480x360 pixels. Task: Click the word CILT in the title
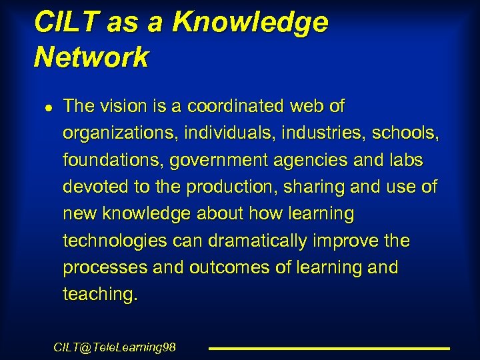pos(61,22)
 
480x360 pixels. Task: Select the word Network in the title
pos(91,57)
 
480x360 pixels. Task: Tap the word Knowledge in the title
pos(250,22)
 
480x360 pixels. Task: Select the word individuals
pos(222,133)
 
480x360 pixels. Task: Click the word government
pos(218,160)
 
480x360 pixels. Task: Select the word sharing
pos(313,187)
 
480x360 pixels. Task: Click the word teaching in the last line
pos(100,294)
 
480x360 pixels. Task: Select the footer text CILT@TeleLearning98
pos(115,347)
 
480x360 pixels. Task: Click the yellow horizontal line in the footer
pos(329,348)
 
